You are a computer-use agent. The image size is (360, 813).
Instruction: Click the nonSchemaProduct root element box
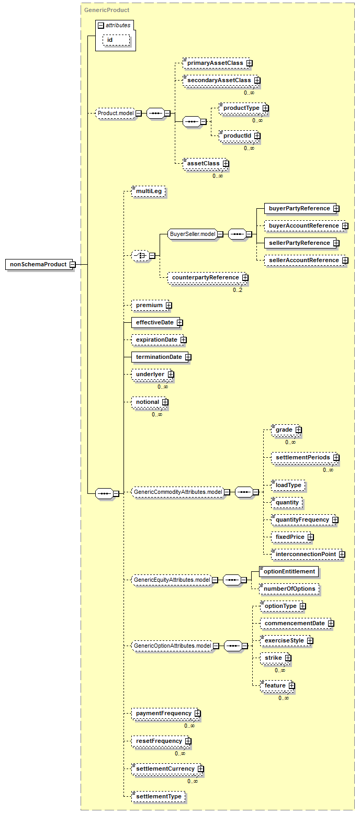click(x=39, y=264)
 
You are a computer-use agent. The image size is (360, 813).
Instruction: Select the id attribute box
click(x=116, y=40)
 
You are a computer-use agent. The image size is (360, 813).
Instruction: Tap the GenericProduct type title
click(x=107, y=10)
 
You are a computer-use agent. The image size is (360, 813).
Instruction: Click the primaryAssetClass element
click(x=216, y=63)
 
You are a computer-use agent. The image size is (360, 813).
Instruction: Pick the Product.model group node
click(x=116, y=113)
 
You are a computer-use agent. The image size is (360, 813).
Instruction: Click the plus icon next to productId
click(x=257, y=135)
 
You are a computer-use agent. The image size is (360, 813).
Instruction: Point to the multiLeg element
click(x=149, y=191)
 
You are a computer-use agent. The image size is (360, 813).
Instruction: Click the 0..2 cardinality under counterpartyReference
click(x=238, y=290)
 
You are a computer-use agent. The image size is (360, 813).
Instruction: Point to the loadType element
click(x=288, y=485)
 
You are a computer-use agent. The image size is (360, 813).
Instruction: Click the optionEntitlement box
click(x=289, y=572)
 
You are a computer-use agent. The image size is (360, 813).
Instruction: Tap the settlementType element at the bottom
click(x=159, y=796)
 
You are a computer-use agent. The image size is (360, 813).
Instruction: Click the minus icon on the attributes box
click(x=102, y=26)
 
